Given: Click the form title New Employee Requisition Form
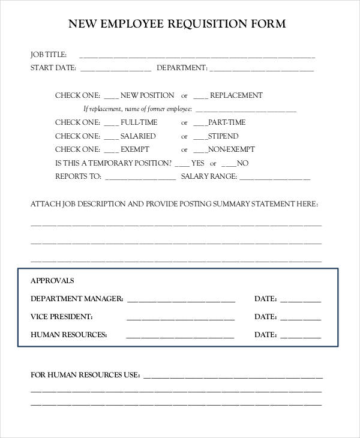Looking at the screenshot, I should tap(177, 24).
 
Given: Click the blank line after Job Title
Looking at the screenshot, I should tap(197, 56).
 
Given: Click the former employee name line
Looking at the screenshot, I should tap(246, 111).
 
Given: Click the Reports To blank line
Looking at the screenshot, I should tap(140, 178).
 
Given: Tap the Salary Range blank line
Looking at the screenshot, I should tap(275, 178).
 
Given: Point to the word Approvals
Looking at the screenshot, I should tap(52, 280).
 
